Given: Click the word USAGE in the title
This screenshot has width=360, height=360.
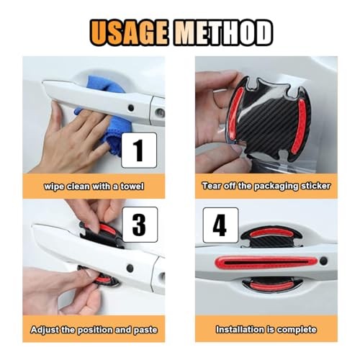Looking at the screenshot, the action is pyautogui.click(x=128, y=33).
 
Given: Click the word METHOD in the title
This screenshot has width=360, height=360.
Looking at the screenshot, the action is pyautogui.click(x=223, y=33).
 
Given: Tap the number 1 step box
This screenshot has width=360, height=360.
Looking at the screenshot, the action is pyautogui.click(x=139, y=150).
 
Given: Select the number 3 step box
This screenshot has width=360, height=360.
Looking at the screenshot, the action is pyautogui.click(x=140, y=225).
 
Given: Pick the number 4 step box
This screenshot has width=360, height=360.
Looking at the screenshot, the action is pyautogui.click(x=220, y=225).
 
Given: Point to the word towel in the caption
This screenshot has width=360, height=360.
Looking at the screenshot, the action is pyautogui.click(x=132, y=186).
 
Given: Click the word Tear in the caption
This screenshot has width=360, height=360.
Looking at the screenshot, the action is pyautogui.click(x=211, y=186).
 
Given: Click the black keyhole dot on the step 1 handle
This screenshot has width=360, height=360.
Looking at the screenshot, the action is pyautogui.click(x=131, y=108).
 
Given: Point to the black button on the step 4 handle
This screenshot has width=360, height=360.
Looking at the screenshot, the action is pyautogui.click(x=323, y=261).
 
